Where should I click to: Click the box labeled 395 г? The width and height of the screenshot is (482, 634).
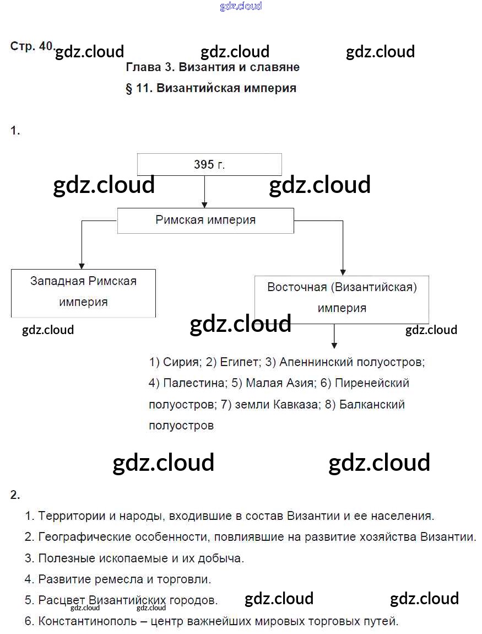coord(209,164)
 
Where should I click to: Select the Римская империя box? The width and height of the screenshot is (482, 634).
coord(205,220)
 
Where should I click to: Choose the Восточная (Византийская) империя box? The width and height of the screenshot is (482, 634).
coord(342,298)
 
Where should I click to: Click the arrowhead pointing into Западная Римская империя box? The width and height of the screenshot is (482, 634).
coord(82,265)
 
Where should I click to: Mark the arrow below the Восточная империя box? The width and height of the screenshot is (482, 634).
coord(333,336)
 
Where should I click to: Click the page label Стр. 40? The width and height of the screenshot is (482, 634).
coord(31,47)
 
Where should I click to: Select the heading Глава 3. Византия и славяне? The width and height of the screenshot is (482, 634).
coord(213,67)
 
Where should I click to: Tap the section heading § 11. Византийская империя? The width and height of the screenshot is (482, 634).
coord(211,88)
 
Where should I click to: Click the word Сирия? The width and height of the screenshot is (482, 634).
coord(182,362)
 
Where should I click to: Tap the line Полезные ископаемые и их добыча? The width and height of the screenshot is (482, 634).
coord(141,558)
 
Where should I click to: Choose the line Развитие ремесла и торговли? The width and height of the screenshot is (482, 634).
coord(124,579)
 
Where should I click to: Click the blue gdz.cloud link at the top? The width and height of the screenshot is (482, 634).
coord(241,7)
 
